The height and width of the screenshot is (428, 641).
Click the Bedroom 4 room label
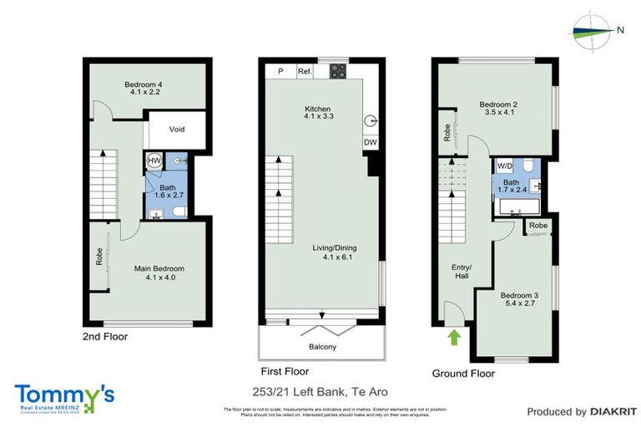tap(142, 88)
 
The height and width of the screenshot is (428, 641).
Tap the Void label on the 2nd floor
tap(176, 130)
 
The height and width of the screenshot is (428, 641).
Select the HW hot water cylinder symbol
tap(154, 160)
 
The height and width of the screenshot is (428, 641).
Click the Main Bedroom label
tap(159, 273)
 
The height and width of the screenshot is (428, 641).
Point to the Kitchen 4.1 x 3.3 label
tap(318, 115)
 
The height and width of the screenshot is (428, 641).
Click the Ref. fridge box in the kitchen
tap(305, 72)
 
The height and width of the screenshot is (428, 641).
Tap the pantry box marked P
tap(280, 72)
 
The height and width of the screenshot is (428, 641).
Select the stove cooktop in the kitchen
tap(338, 72)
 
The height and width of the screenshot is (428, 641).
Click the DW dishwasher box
tap(370, 143)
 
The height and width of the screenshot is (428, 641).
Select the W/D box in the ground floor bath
tap(504, 166)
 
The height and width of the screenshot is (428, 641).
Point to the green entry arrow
tap(454, 338)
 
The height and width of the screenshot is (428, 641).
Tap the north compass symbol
tap(593, 30)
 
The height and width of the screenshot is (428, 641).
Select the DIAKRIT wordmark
tap(613, 411)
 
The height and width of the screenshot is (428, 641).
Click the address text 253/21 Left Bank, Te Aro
tap(320, 391)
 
